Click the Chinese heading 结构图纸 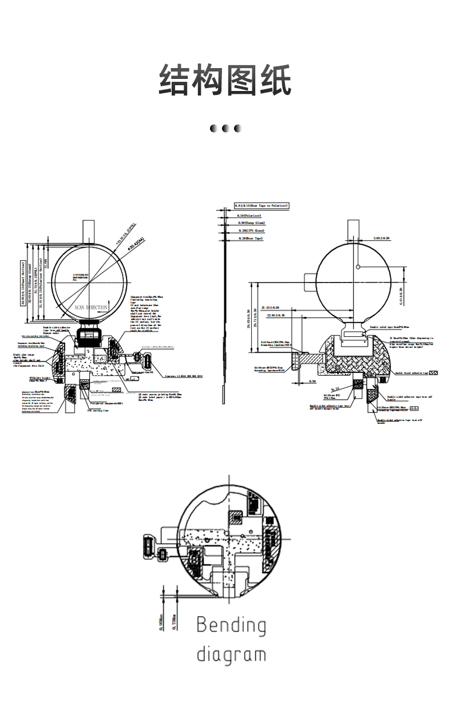click(x=225, y=80)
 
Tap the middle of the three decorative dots click(x=225, y=128)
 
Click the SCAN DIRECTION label click(x=91, y=308)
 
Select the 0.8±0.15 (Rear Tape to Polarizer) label click(x=261, y=205)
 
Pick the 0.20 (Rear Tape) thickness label click(x=249, y=238)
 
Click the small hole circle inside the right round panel click(x=357, y=267)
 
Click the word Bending click(x=231, y=626)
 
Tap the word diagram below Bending click(x=231, y=654)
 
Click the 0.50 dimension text click(x=312, y=380)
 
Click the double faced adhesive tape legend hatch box click(x=433, y=372)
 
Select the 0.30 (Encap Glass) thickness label click(x=249, y=223)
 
